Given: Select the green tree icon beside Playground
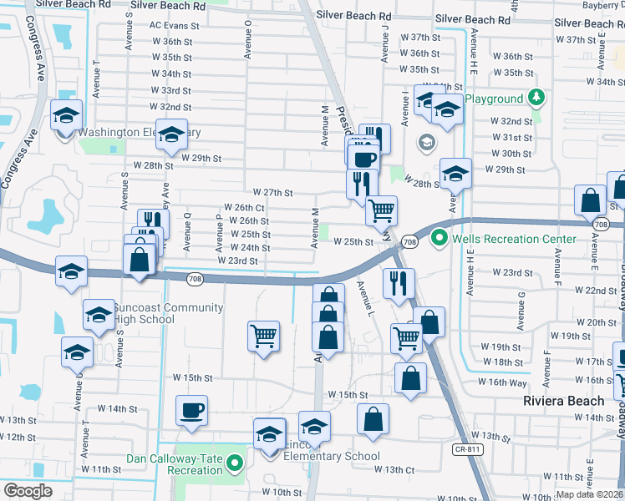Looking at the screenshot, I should point(536,99).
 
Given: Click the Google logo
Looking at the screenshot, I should point(28,491).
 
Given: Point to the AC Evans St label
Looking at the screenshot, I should point(175,26).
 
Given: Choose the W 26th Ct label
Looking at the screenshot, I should point(245,207).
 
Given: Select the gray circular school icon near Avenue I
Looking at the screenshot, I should point(426,141).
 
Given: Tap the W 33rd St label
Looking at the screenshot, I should point(170,90).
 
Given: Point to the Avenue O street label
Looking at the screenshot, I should point(248,46).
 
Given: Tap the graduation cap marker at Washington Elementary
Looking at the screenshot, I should point(172,136).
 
